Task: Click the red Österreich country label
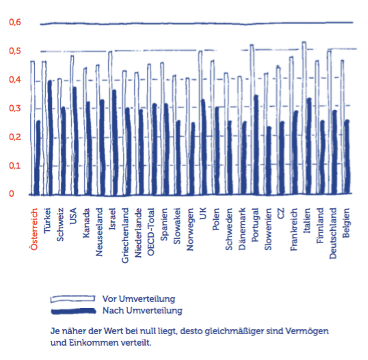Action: pyautogui.click(x=34, y=230)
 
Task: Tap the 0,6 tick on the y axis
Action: pyautogui.click(x=15, y=23)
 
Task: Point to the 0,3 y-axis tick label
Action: pyautogui.click(x=15, y=109)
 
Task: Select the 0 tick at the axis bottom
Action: pyautogui.click(x=12, y=193)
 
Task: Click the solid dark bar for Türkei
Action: pyautogui.click(x=50, y=138)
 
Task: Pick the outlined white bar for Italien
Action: pyautogui.click(x=304, y=118)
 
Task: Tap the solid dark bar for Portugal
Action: pyautogui.click(x=256, y=145)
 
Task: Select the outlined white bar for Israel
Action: pyautogui.click(x=110, y=123)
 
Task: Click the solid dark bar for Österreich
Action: pyautogui.click(x=37, y=158)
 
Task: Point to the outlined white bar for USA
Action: pyautogui.click(x=73, y=125)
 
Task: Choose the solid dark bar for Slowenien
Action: pyautogui.click(x=269, y=161)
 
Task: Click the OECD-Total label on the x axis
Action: pyautogui.click(x=150, y=232)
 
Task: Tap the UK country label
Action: pyautogui.click(x=202, y=213)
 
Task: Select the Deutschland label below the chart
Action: pyautogui.click(x=333, y=233)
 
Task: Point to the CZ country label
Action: pyautogui.click(x=280, y=213)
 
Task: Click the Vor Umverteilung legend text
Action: pyautogui.click(x=139, y=299)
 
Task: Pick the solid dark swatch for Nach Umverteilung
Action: pyautogui.click(x=73, y=311)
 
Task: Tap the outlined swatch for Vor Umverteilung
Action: pyautogui.click(x=73, y=299)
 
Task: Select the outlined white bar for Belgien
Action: pyautogui.click(x=343, y=127)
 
